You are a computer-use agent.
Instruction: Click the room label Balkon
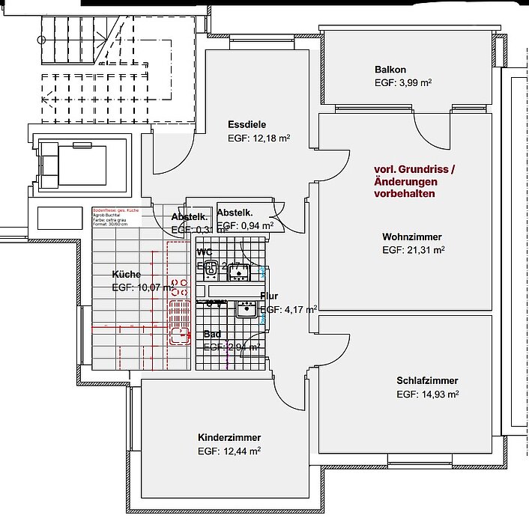(x=390, y=70)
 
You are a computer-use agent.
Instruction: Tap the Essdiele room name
(x=247, y=124)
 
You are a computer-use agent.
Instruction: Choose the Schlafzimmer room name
(x=427, y=380)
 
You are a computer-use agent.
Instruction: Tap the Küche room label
(x=126, y=273)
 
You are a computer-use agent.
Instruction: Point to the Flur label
(x=269, y=296)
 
